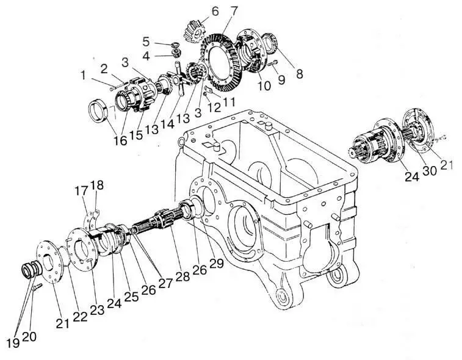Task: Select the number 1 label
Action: (83, 76)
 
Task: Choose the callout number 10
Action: (264, 86)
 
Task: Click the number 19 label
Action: (13, 342)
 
